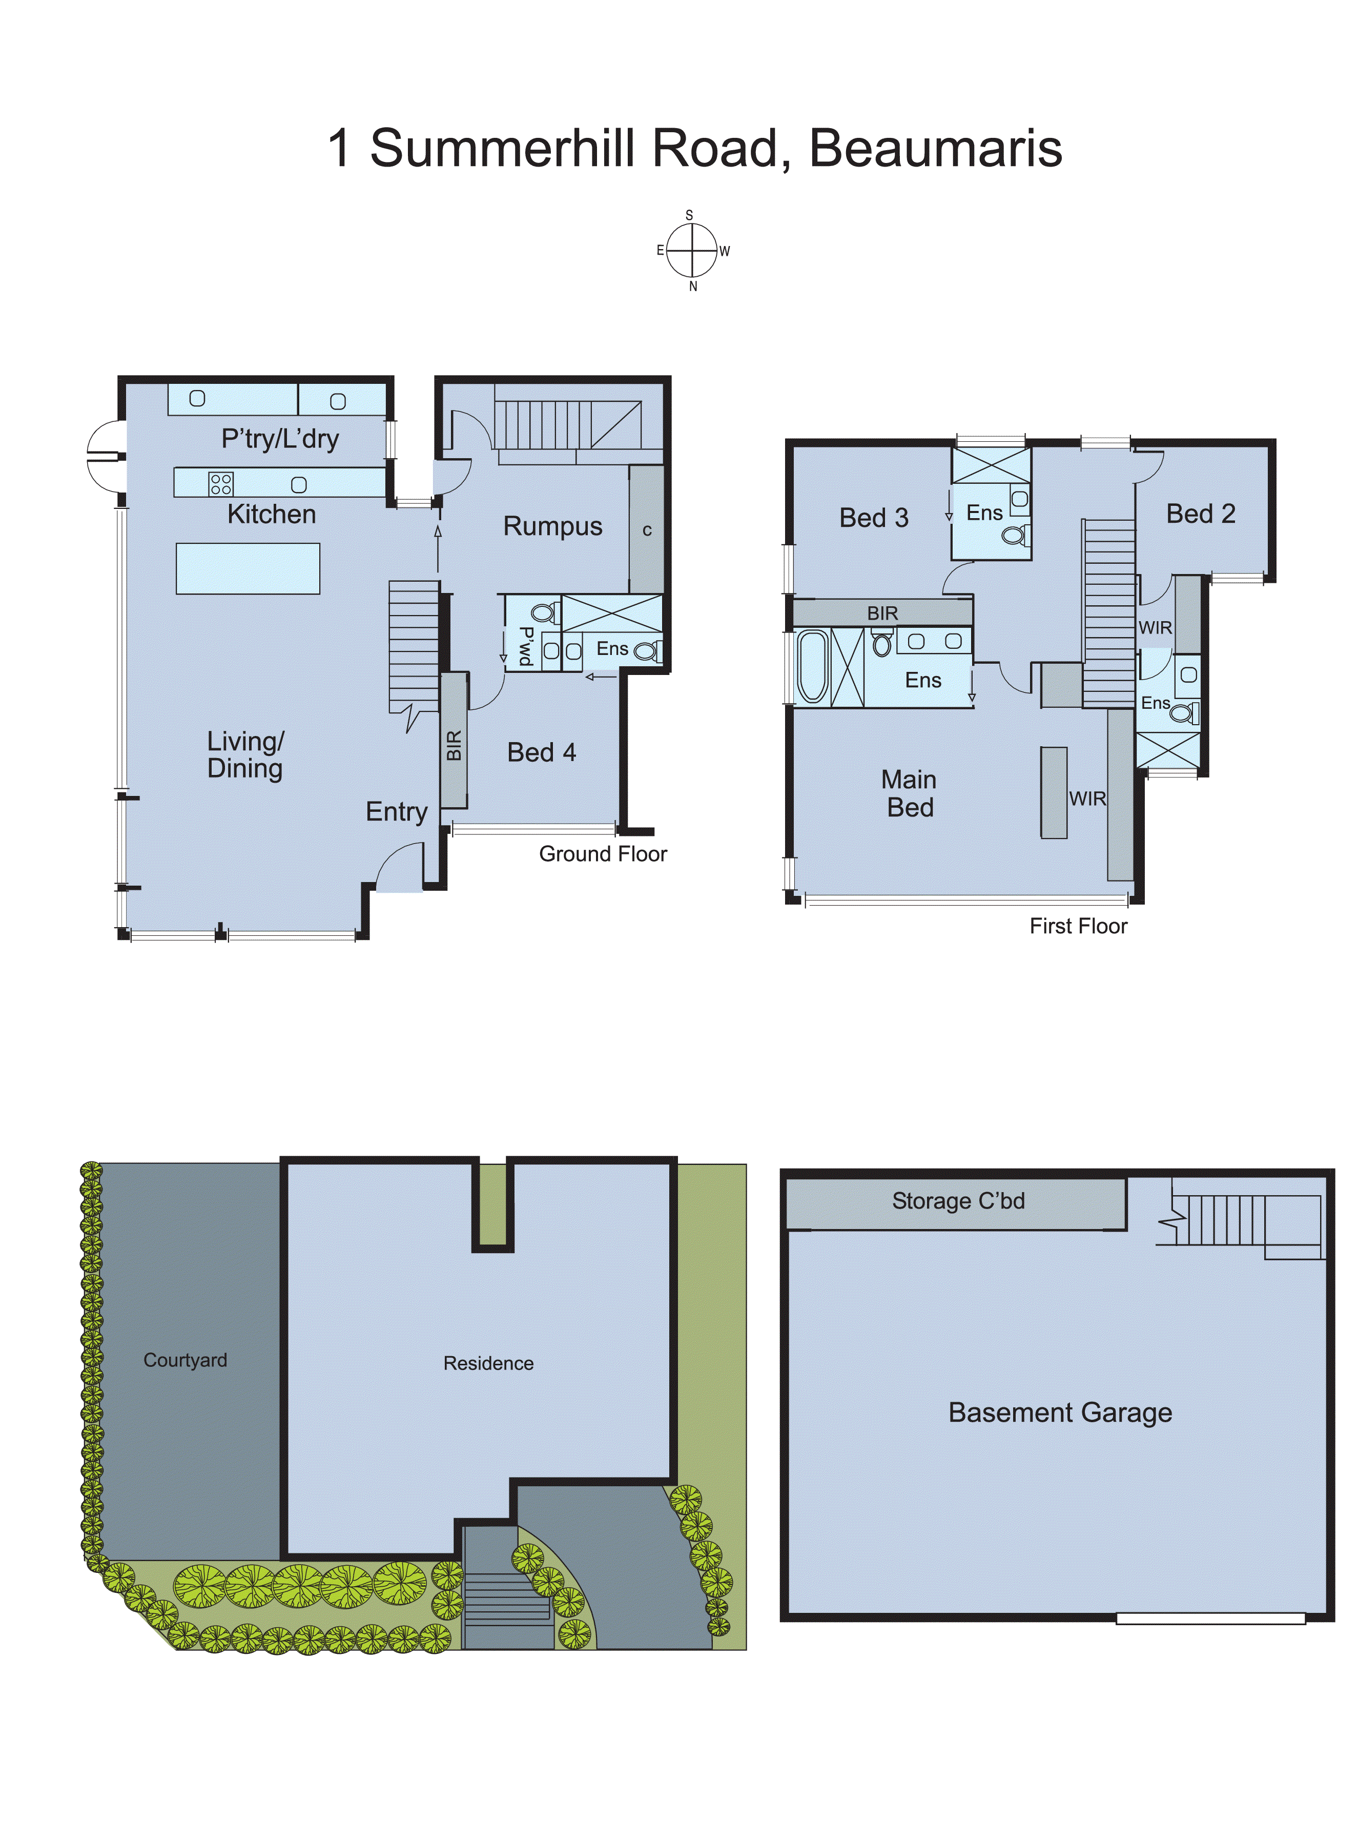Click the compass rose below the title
pos(692,250)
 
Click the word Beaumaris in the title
pos(935,149)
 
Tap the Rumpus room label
pos(552,526)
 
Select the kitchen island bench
pos(248,568)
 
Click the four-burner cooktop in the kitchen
pos(220,483)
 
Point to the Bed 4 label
pos(541,752)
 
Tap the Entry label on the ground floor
pos(396,811)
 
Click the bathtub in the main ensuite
pos(812,666)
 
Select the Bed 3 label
pos(873,518)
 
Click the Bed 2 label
pos(1200,514)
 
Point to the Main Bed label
pos(909,793)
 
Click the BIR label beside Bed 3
pos(882,613)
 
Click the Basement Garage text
pos(1060,1412)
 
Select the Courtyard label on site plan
pos(185,1360)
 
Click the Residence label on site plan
pos(488,1363)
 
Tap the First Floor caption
pos(1078,927)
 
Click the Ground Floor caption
pos(603,854)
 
